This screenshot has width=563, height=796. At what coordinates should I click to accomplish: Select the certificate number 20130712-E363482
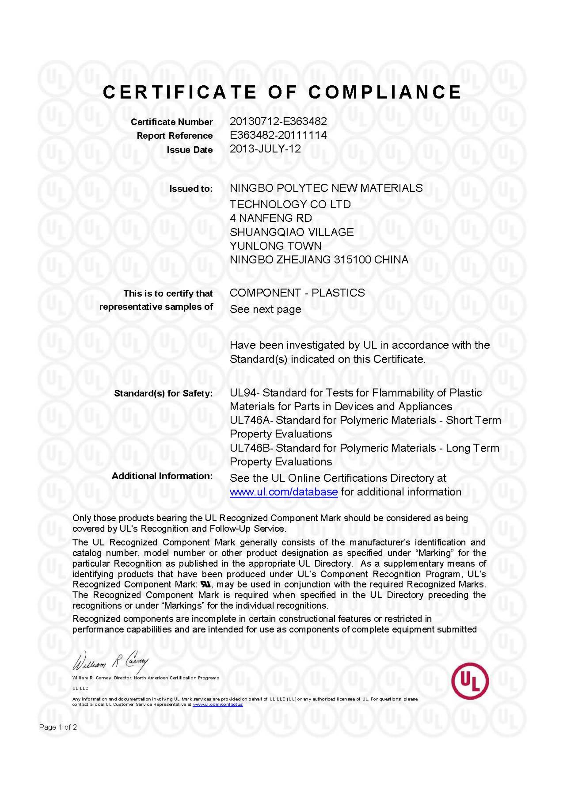tap(278, 121)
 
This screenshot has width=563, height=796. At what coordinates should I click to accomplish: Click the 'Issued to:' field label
tap(191, 189)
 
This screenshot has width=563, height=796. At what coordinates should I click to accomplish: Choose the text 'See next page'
tap(265, 309)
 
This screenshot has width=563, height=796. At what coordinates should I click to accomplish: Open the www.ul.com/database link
tap(284, 492)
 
